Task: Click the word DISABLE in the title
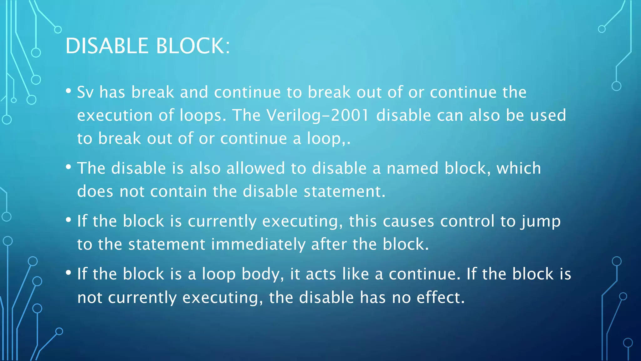[x=107, y=46]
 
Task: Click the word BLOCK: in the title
[x=193, y=46]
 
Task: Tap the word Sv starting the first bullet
[x=85, y=92]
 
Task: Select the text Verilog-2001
[x=318, y=115]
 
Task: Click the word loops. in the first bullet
[x=203, y=115]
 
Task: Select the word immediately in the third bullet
[x=258, y=244]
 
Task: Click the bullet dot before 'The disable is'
[x=69, y=167]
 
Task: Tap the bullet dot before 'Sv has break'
[x=69, y=91]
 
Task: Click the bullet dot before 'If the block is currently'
[x=69, y=220]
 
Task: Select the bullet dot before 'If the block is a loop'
[x=69, y=273]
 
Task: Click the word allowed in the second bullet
[x=255, y=168]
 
